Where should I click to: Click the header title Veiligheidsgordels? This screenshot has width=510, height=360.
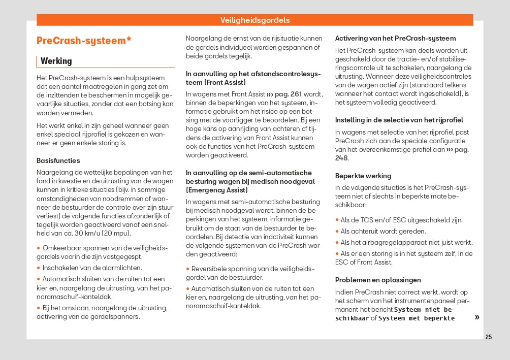pos(255,20)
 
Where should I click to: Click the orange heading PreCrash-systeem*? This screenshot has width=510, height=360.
pos(84,41)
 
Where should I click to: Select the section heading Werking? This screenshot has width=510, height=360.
pos(56,61)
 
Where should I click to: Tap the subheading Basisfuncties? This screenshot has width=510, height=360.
pos(58,160)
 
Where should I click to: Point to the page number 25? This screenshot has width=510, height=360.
pos(489,337)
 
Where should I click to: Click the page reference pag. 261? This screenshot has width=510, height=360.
pos(284,94)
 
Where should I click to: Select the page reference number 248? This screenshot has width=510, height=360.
pos(341,158)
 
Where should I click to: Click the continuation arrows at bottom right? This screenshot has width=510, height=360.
pos(476,317)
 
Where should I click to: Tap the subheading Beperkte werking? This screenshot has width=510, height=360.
pos(363,176)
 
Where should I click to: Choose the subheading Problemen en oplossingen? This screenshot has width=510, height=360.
pos(378,280)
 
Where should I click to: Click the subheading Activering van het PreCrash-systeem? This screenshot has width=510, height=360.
pos(395,38)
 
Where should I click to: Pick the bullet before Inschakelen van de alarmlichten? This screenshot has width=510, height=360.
pos(39,268)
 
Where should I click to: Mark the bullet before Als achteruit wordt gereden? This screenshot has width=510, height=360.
pos(337,231)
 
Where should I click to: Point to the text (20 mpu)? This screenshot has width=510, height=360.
pos(116,233)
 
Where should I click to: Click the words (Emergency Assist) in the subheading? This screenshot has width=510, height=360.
pos(217,190)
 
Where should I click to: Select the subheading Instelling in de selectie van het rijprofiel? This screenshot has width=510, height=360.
pos(399,120)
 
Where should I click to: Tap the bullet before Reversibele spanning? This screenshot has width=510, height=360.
pos(187,269)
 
